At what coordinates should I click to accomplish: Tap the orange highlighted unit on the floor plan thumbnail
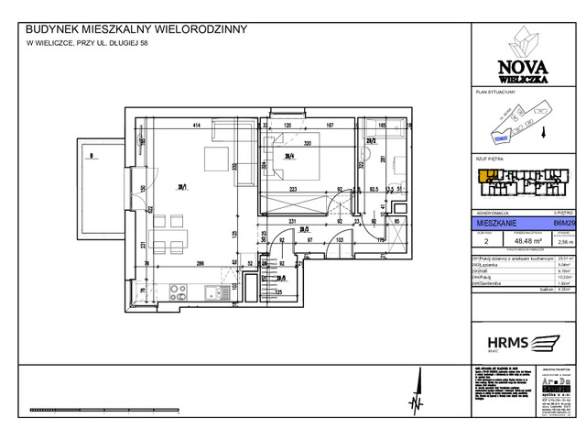click(481, 172)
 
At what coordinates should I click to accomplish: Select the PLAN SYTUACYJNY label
click(494, 93)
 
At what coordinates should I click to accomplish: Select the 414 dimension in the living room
click(195, 126)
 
